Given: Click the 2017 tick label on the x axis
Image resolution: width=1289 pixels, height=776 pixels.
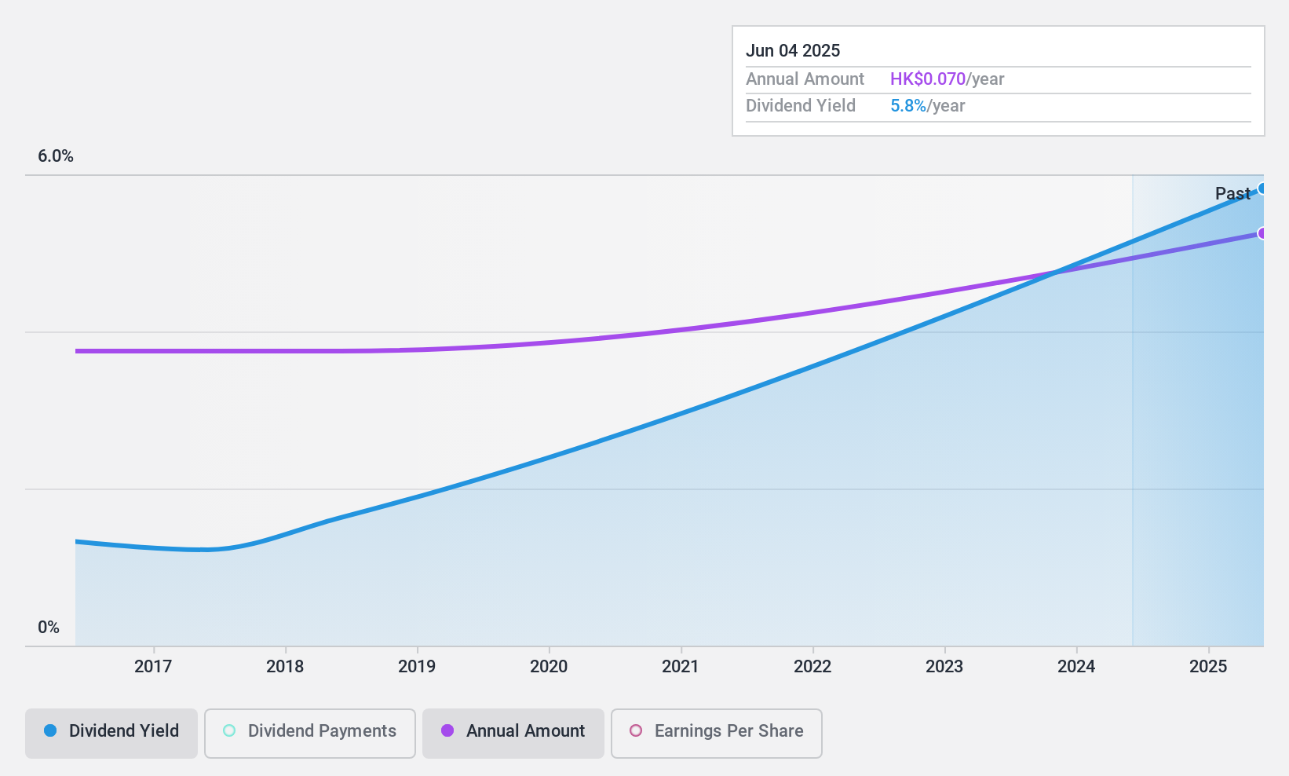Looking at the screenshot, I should click(153, 667).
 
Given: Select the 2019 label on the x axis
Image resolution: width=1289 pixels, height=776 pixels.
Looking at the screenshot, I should click(417, 667).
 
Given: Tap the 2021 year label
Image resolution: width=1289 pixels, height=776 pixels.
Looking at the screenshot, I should click(681, 667).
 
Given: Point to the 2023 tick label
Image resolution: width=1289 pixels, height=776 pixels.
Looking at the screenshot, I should click(944, 667).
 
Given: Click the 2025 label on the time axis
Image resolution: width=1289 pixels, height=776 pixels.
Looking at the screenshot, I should click(1208, 667).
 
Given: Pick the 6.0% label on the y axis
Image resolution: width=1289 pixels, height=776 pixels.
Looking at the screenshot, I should click(56, 156).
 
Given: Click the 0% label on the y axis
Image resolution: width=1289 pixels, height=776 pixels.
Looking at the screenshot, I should click(49, 628).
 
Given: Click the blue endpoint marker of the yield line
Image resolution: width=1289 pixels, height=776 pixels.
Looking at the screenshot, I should click(1262, 189).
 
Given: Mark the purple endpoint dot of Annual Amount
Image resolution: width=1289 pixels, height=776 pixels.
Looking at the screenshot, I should click(1262, 233).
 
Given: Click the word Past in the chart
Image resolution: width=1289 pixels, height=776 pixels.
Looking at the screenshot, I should click(1232, 193).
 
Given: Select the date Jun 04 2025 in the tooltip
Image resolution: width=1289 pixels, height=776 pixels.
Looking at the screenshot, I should click(793, 51).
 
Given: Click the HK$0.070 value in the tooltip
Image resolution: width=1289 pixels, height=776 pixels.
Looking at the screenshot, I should click(928, 79).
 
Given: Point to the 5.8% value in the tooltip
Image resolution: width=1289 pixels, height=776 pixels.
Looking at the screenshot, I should click(908, 106).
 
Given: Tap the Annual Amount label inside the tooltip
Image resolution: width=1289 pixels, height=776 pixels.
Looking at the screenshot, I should click(805, 79).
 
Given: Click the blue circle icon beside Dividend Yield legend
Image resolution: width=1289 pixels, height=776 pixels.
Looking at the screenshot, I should click(50, 731).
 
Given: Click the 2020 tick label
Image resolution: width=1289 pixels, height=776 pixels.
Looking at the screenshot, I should click(549, 667).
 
